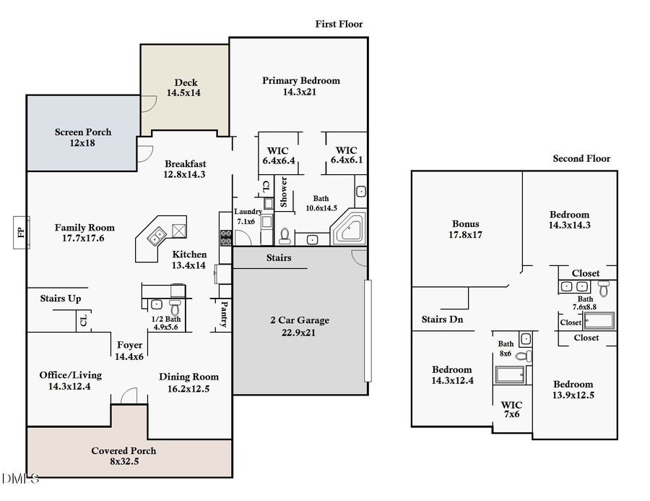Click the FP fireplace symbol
tap(19, 232)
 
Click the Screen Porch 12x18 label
tap(83, 137)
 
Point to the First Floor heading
tap(339, 24)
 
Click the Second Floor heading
tap(581, 158)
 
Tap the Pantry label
tap(224, 314)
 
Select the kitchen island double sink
tap(155, 234)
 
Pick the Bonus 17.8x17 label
tap(466, 229)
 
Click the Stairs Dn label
tap(442, 319)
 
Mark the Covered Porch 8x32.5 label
tap(123, 455)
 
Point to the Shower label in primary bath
tap(284, 192)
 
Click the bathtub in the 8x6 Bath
tap(511, 374)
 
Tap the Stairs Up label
tap(60, 298)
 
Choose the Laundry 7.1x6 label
tap(248, 216)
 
